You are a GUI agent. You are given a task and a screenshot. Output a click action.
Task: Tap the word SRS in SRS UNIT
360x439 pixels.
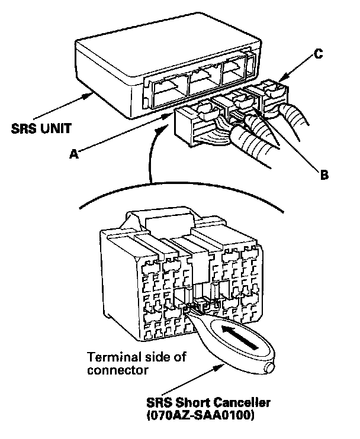pos(25,128)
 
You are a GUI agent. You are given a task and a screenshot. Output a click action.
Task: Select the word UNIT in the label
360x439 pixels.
pos(56,128)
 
